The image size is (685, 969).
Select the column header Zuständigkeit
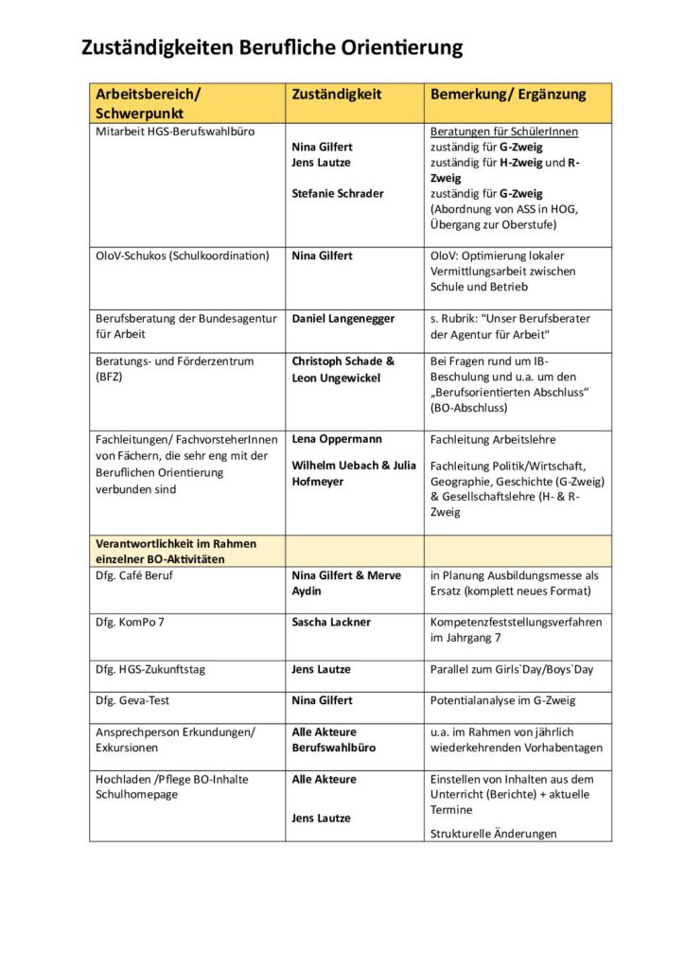(336, 95)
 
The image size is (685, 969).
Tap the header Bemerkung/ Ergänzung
(508, 95)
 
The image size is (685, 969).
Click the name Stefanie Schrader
(338, 193)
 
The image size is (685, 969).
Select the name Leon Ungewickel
(337, 378)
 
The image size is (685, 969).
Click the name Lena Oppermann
(336, 439)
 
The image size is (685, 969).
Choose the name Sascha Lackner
(331, 622)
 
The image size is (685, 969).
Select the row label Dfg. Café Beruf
(134, 574)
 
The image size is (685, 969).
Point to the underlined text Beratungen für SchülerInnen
(503, 132)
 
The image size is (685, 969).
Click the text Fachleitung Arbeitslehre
(493, 439)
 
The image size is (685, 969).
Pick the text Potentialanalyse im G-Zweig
(502, 700)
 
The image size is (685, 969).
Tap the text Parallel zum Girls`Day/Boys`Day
(512, 669)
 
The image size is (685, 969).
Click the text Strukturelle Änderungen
(493, 834)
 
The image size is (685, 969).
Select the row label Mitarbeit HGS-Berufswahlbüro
(175, 132)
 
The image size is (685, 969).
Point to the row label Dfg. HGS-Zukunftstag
(150, 669)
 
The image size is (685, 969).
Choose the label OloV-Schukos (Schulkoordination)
(183, 255)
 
